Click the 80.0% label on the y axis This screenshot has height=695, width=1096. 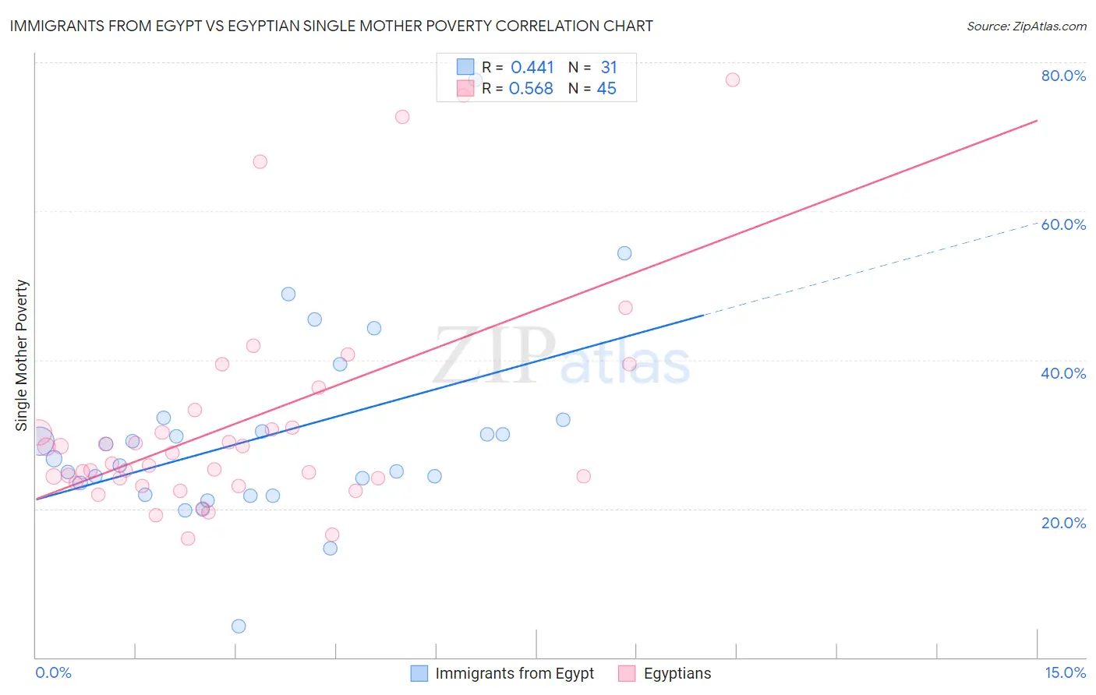point(1063,76)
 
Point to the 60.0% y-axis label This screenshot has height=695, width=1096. point(1063,224)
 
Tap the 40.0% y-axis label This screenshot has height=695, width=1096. point(1063,373)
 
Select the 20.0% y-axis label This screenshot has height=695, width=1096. point(1063,523)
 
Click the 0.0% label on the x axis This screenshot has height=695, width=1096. point(53,673)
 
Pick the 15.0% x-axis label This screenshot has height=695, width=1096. point(1065,673)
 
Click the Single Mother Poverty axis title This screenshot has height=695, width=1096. point(21,355)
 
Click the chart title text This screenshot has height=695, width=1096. point(331,26)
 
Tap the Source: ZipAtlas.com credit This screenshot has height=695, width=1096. point(1026,26)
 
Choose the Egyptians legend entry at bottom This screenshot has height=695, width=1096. point(677,673)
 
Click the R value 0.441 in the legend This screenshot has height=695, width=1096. point(532,68)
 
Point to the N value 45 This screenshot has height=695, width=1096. point(606,89)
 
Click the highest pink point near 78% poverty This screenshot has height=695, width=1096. point(732,79)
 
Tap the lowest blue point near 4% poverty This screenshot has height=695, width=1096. point(239,626)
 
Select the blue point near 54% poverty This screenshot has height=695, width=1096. point(624,253)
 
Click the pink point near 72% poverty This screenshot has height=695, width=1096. point(402,117)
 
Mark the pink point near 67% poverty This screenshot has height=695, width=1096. point(260,161)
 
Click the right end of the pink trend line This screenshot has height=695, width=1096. point(1037,120)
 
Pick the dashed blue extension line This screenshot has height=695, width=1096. point(873,269)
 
